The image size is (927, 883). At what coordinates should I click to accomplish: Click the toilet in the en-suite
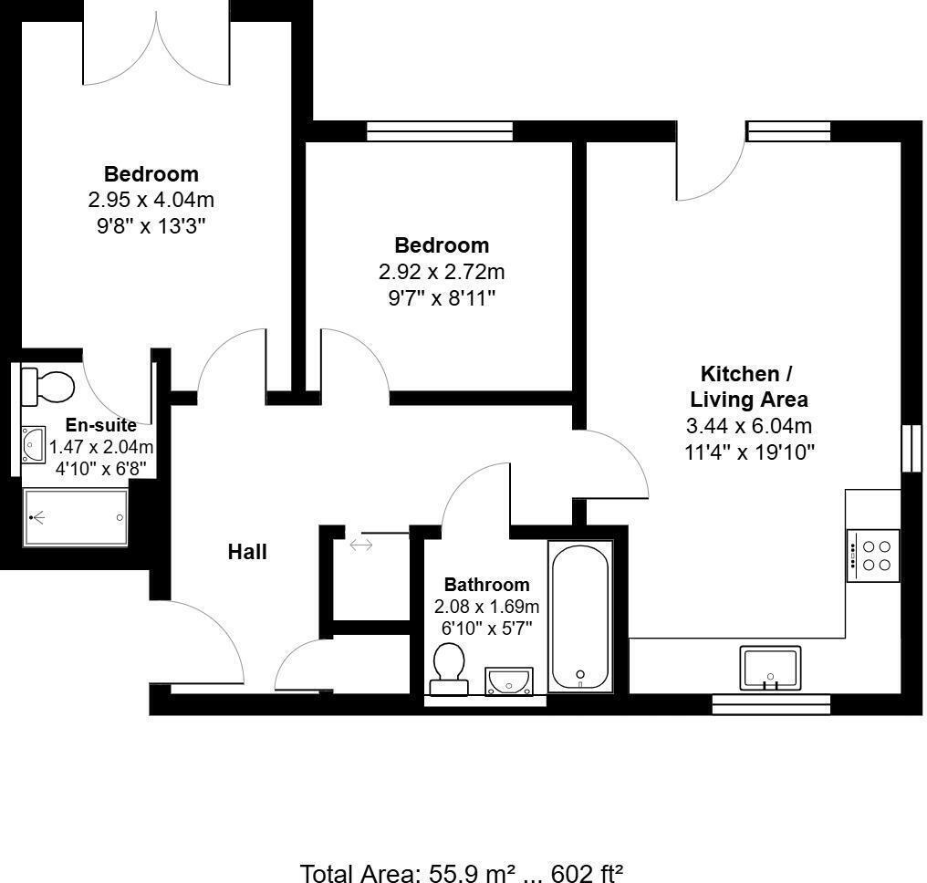(x=47, y=387)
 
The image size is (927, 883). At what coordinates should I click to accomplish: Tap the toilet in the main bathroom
(x=449, y=669)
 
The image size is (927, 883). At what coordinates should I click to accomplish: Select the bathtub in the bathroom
(x=580, y=616)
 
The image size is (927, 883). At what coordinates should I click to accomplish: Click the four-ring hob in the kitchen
(x=873, y=556)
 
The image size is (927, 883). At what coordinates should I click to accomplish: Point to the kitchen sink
(x=770, y=668)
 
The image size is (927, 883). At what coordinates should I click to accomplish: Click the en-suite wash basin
(x=33, y=444)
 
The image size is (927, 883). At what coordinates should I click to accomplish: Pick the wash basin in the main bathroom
(x=509, y=681)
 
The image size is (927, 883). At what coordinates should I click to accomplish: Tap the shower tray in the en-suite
(x=75, y=518)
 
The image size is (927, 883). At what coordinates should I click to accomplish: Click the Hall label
(x=247, y=552)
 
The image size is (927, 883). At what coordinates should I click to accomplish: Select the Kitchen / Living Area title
(x=748, y=387)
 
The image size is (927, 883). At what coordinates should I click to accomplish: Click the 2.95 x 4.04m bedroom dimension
(x=151, y=200)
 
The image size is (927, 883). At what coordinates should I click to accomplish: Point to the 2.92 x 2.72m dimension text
(x=442, y=272)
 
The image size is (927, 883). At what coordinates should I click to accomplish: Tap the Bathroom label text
(x=486, y=585)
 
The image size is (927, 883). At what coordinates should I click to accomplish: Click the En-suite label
(x=100, y=425)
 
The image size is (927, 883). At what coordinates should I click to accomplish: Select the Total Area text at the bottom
(x=461, y=873)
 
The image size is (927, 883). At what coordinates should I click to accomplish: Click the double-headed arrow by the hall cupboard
(x=361, y=545)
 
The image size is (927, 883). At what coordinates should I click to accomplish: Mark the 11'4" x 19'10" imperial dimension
(x=749, y=452)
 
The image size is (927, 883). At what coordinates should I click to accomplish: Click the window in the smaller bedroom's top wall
(x=439, y=130)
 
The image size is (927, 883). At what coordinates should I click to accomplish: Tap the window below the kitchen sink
(x=771, y=704)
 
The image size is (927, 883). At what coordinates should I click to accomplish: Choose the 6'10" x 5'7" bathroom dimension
(x=486, y=628)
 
